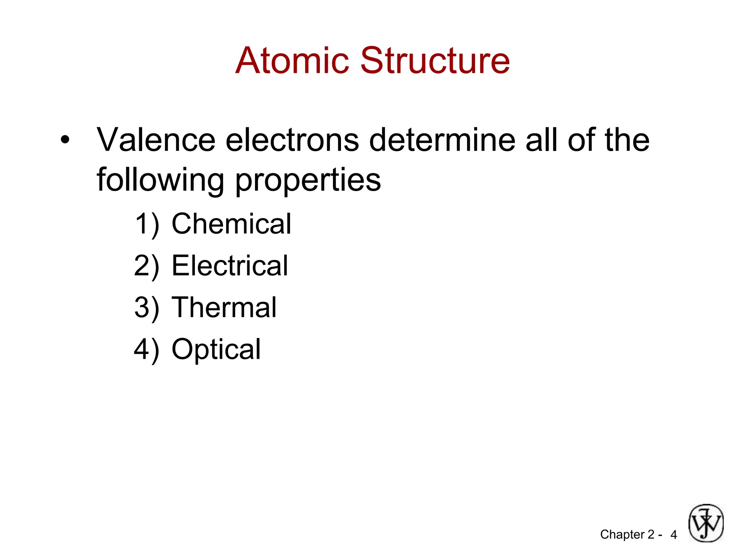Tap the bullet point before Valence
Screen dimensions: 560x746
pyautogui.click(x=65, y=140)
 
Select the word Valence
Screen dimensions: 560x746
pyautogui.click(x=156, y=140)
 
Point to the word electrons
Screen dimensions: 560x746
pyautogui.click(x=292, y=140)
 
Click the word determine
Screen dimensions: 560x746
pyautogui.click(x=442, y=140)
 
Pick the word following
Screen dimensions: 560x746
pyautogui.click(x=160, y=180)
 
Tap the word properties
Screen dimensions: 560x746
pyautogui.click(x=308, y=180)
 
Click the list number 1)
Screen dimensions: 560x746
pyautogui.click(x=147, y=224)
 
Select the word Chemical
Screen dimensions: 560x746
pyautogui.click(x=231, y=223)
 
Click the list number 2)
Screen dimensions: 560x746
pyautogui.click(x=147, y=266)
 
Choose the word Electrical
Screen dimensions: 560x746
pyautogui.click(x=230, y=265)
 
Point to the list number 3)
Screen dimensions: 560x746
pyautogui.click(x=147, y=308)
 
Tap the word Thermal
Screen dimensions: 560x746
pyautogui.click(x=224, y=307)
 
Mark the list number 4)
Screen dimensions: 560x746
pyautogui.click(x=147, y=349)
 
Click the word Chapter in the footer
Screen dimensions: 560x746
pyautogui.click(x=622, y=534)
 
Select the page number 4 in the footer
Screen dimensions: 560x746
pyautogui.click(x=674, y=535)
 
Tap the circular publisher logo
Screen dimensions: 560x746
pyautogui.click(x=706, y=523)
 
